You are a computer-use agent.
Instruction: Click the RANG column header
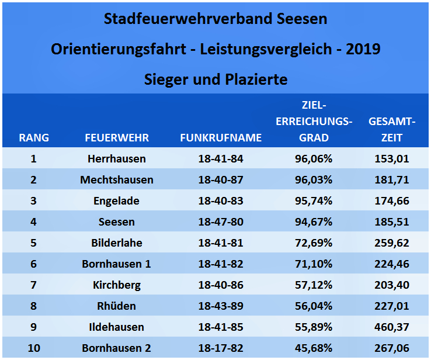point(34,138)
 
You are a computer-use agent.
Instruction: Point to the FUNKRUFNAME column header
point(221,138)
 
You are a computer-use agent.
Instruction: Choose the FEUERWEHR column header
point(117,138)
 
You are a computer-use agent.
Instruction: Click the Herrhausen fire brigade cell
point(117,158)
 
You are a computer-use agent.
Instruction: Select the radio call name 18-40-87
point(221,179)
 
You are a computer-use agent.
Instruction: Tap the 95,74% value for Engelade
point(314,200)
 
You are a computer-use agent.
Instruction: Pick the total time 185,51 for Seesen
point(392,221)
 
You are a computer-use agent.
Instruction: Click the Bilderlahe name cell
point(117,243)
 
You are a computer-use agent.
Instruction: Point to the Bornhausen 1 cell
point(117,264)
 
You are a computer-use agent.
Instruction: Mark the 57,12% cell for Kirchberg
point(314,285)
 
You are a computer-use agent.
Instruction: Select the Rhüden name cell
point(117,306)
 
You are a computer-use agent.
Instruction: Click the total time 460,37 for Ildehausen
point(392,327)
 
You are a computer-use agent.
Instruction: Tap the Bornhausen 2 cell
point(117,348)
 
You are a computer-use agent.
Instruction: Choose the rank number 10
point(34,348)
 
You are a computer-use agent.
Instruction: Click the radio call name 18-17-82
point(221,348)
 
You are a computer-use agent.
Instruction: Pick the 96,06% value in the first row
point(314,158)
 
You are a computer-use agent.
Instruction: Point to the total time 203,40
point(392,285)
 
